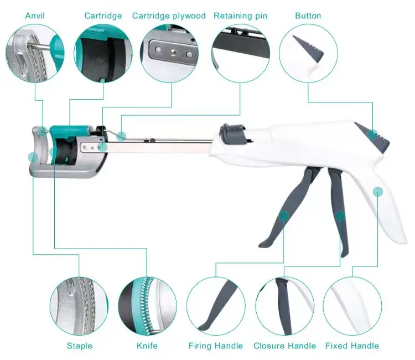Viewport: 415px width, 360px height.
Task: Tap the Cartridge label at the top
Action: coord(103,16)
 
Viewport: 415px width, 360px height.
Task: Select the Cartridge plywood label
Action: coord(169,16)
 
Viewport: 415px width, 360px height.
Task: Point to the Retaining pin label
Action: coord(240,16)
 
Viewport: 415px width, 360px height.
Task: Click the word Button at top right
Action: coord(308,16)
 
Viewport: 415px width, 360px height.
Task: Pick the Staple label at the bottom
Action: coord(80,346)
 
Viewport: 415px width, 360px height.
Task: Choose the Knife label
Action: coord(147,346)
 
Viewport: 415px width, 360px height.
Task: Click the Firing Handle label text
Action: coord(216,346)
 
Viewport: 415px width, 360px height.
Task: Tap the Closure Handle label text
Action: coord(284,346)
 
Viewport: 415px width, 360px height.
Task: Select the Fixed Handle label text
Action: coord(352,346)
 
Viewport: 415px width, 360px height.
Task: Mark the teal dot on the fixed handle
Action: coord(378,192)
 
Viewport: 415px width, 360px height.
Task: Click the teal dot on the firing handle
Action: coord(284,215)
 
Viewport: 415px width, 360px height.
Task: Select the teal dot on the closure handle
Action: coord(340,215)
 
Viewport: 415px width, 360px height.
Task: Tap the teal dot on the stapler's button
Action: coord(373,133)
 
